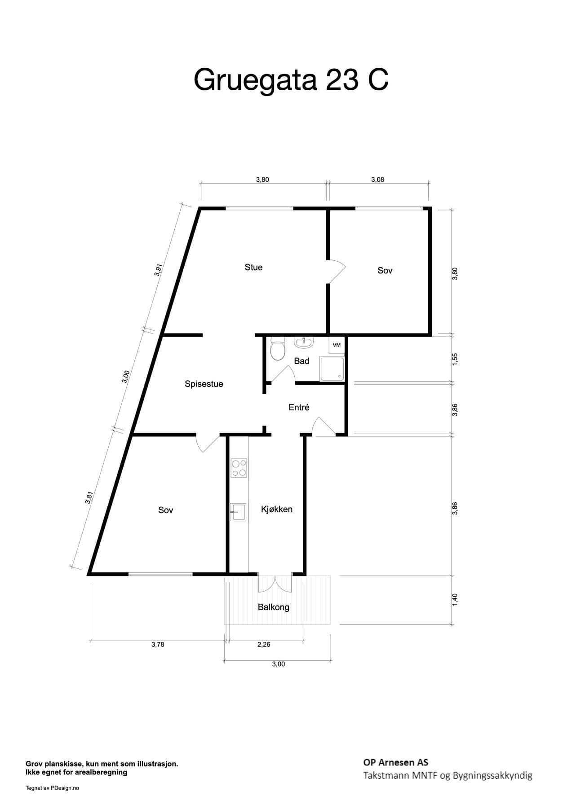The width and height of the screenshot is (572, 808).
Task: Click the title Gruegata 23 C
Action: pos(291,80)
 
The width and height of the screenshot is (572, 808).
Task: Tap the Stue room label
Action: pos(253,267)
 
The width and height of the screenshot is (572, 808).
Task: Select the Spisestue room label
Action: pos(204,384)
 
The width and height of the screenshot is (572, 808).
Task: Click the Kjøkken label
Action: pos(277,509)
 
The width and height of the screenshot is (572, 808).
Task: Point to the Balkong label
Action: pos(274,607)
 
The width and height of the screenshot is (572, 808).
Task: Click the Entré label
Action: pos(299,407)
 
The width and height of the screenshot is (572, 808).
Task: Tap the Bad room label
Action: pos(302,361)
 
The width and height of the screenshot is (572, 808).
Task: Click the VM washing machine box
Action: pos(337,345)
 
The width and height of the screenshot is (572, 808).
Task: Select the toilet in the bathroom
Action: pos(278,349)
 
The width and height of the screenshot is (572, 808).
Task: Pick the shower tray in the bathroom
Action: pos(332,369)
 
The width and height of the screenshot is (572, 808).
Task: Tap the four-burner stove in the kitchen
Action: pos(239,468)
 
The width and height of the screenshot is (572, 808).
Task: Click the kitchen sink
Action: pos(238,512)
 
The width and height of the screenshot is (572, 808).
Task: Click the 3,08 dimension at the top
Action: pos(377,180)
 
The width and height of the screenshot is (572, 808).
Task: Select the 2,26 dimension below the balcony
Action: pos(264,644)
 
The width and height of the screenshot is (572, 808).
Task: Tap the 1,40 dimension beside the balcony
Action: pos(455,600)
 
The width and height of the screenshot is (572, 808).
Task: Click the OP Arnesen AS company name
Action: pos(396,762)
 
